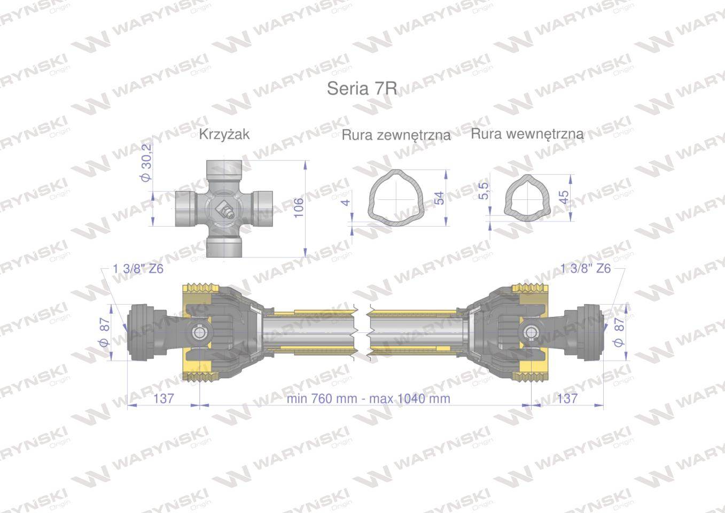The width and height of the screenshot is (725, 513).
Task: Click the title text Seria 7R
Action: click(362, 88)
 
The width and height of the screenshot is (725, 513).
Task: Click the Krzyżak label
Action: click(224, 134)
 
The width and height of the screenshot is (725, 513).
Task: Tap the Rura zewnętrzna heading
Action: click(396, 135)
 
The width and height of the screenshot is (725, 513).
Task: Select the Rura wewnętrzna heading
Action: click(527, 134)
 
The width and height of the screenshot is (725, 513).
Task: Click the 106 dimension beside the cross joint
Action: click(298, 208)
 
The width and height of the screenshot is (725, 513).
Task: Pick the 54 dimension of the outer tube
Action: click(439, 198)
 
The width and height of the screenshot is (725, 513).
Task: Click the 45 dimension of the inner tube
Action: click(563, 197)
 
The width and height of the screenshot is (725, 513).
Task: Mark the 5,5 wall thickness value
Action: click(484, 190)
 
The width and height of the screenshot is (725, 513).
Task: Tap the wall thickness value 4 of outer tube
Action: click(346, 202)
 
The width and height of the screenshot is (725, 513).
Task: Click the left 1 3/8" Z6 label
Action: click(138, 268)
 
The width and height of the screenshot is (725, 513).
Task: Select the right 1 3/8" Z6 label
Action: click(586, 268)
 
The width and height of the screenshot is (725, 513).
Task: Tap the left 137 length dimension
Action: click(163, 398)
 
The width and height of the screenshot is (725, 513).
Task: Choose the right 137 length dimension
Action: click(567, 398)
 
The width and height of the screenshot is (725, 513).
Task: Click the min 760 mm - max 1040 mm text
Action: click(368, 399)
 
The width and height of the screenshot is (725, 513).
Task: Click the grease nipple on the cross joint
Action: click(228, 212)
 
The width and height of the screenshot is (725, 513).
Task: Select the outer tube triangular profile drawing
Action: click(396, 197)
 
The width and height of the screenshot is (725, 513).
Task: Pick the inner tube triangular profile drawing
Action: click(525, 195)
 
